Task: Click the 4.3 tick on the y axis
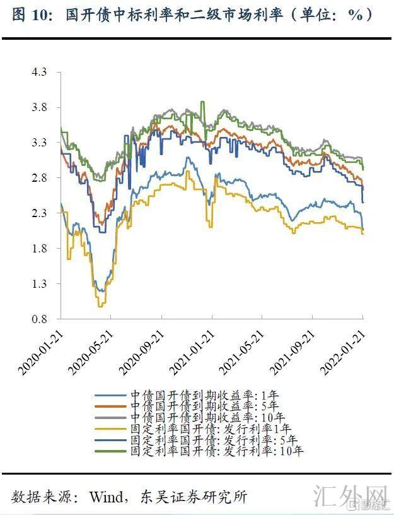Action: (x=39, y=73)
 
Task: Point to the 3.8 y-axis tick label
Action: (x=39, y=108)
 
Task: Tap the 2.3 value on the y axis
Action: (x=39, y=213)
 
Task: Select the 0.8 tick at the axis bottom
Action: (x=39, y=319)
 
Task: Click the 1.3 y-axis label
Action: (x=39, y=284)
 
